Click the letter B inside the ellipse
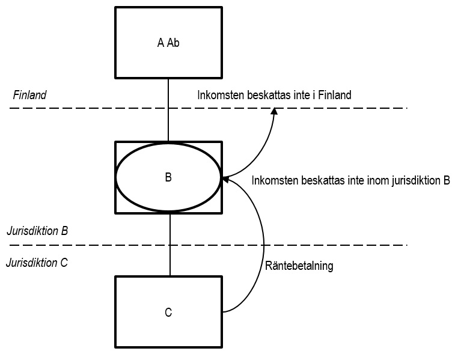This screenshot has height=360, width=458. pos(168,178)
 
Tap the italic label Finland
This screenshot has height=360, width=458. pos(29,96)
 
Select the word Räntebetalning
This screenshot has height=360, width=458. pos(299,265)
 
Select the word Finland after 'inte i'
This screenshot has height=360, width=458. pos(334,95)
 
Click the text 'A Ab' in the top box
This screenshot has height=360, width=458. pos(168,43)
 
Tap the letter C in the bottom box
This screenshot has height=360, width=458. pos(168,313)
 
